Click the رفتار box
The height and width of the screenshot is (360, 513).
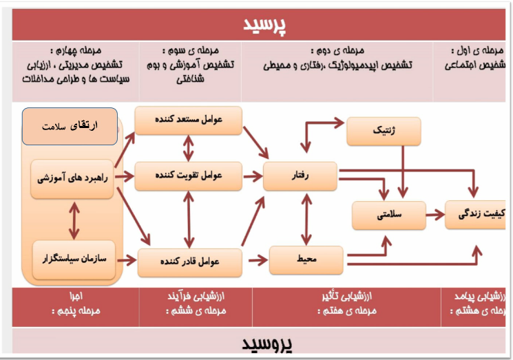tap(300, 176)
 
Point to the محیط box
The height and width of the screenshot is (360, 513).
tap(306, 260)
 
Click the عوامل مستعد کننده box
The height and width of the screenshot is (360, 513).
tap(188, 120)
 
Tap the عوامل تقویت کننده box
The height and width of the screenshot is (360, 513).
tap(188, 176)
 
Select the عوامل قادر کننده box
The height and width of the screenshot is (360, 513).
tap(189, 262)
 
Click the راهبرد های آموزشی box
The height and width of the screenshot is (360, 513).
tap(74, 178)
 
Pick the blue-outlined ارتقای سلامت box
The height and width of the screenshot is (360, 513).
tap(70, 127)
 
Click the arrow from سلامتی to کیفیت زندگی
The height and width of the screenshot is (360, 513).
tap(435, 215)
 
